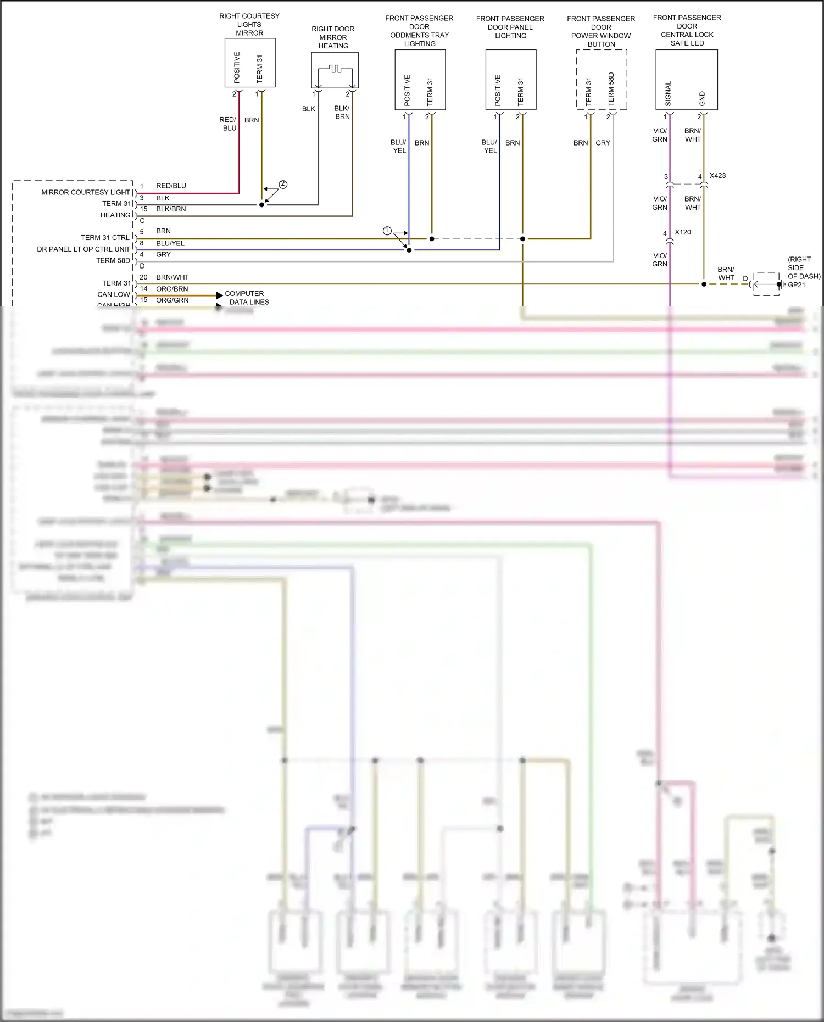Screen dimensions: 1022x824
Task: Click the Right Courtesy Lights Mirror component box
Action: (x=249, y=62)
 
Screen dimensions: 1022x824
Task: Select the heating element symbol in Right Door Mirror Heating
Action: (x=334, y=70)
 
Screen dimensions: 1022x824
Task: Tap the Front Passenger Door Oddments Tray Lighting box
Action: (x=420, y=80)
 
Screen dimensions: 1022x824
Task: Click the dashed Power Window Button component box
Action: (x=601, y=80)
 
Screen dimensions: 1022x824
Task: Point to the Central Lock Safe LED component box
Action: (x=686, y=80)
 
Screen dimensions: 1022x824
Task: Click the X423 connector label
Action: (x=717, y=176)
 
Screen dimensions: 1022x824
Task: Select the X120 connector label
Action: (x=683, y=232)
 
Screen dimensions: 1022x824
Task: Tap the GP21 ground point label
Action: (x=797, y=285)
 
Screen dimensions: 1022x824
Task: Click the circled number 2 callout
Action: (x=283, y=185)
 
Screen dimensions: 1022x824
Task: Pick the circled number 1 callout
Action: (x=387, y=231)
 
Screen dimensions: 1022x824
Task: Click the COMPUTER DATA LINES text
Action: (x=247, y=298)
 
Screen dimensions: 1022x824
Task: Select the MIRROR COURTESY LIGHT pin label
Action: (x=85, y=192)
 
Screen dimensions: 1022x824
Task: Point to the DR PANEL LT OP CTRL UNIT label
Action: (x=83, y=249)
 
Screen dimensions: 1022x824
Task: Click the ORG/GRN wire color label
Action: (x=172, y=300)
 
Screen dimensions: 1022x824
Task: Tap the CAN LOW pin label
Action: (x=114, y=294)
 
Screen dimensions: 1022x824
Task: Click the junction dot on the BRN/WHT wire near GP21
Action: (x=704, y=284)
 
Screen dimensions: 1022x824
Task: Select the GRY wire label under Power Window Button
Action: (x=603, y=143)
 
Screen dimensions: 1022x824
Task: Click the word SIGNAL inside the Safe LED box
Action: (x=668, y=94)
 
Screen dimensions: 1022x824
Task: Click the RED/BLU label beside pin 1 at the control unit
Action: (x=171, y=186)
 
